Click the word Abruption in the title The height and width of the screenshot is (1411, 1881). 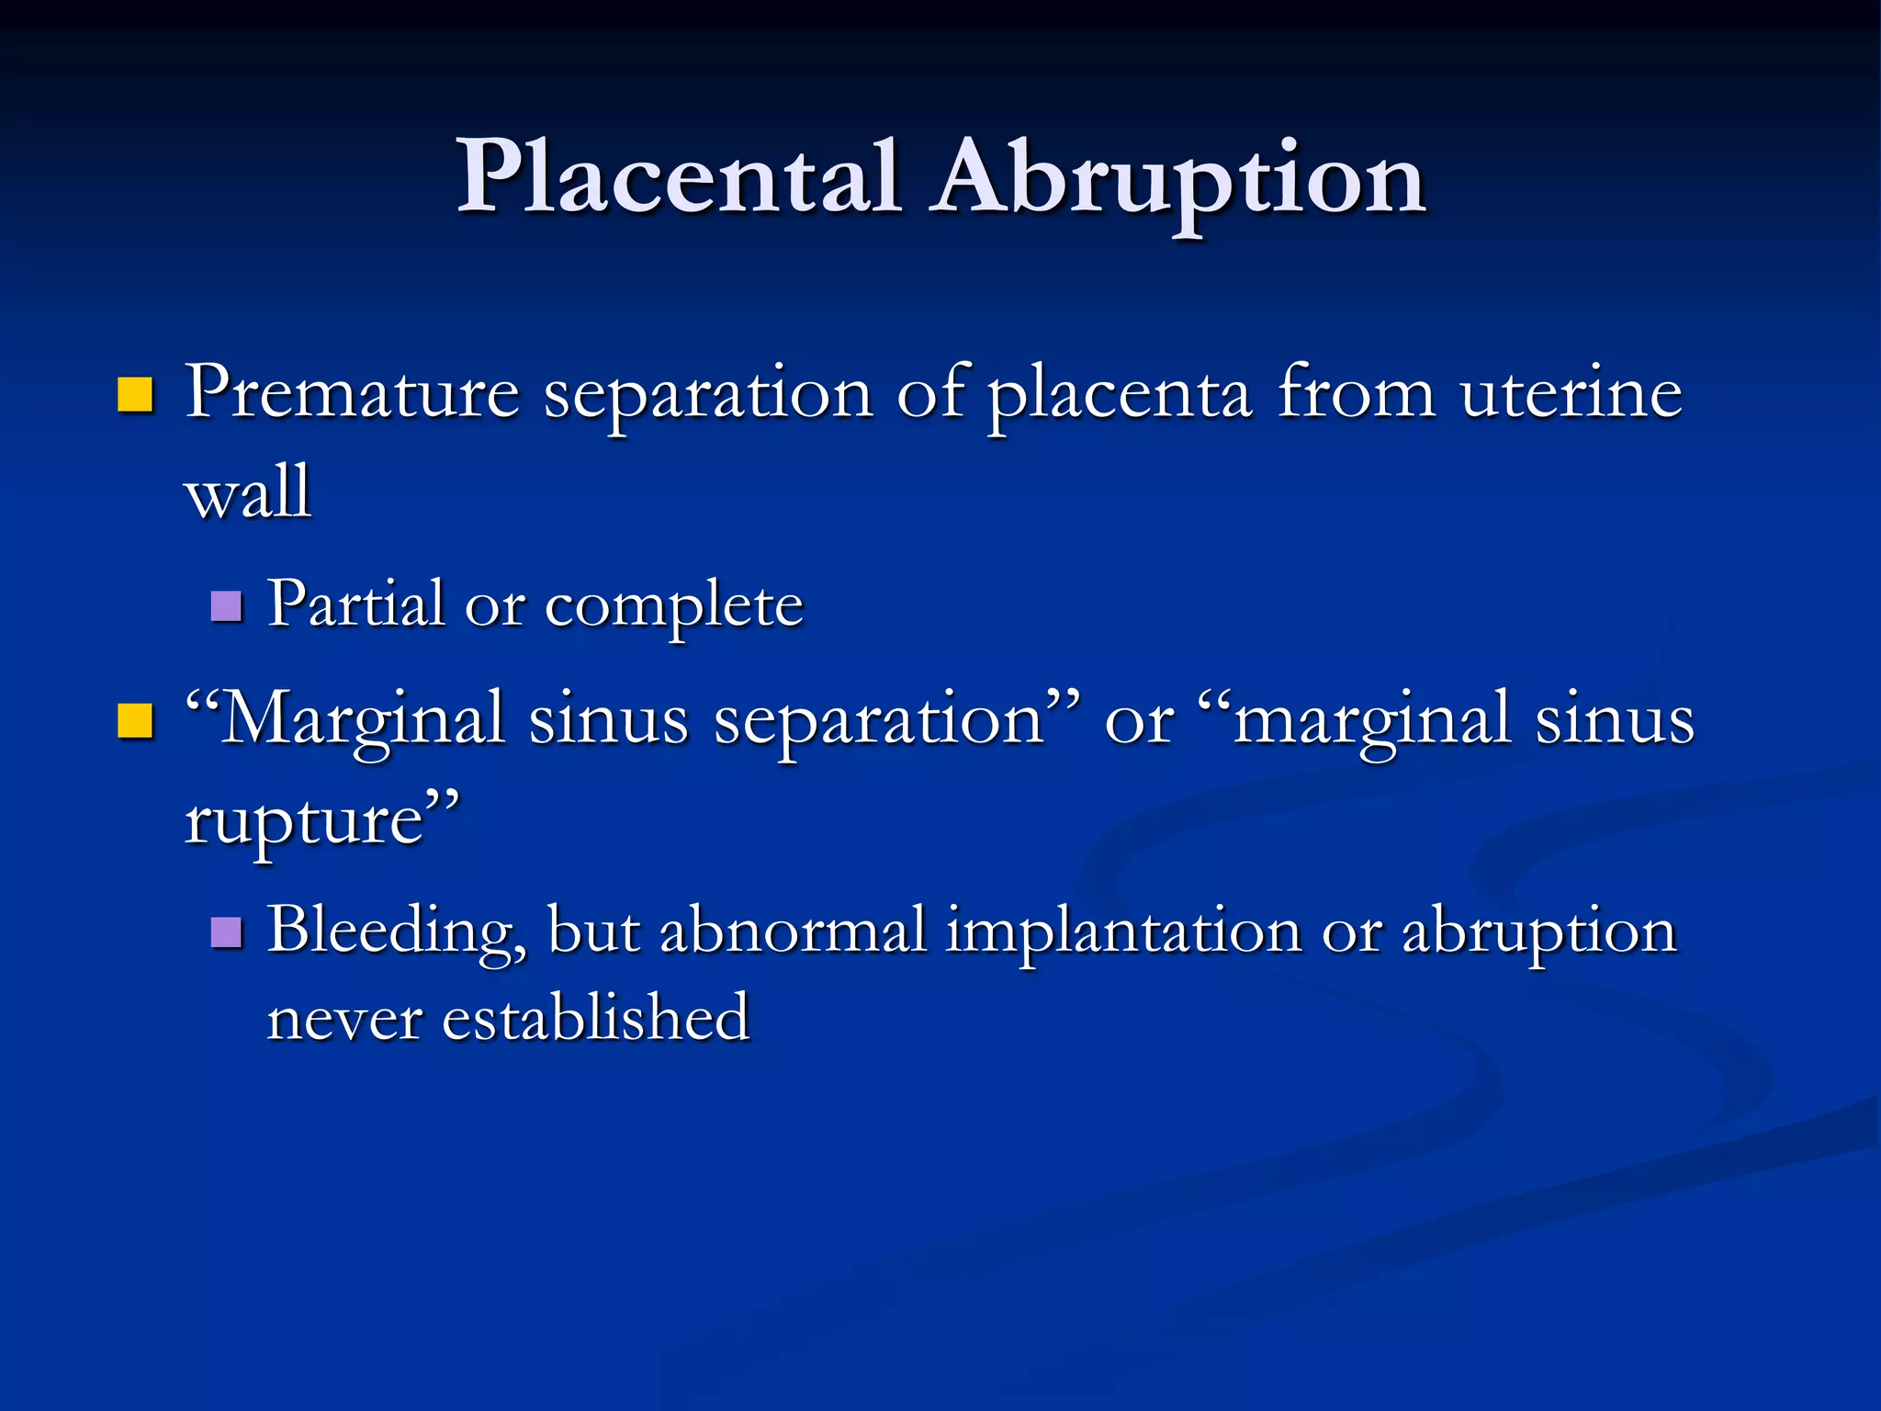click(x=1177, y=180)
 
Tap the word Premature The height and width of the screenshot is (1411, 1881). click(x=353, y=393)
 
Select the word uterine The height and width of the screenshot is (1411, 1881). click(x=1571, y=393)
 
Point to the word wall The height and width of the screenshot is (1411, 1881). click(x=248, y=492)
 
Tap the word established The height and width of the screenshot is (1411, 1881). click(x=595, y=1018)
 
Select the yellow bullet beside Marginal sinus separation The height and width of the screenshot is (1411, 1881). click(x=135, y=721)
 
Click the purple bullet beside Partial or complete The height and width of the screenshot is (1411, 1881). click(x=226, y=606)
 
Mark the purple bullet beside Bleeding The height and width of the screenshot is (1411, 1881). click(x=226, y=932)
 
